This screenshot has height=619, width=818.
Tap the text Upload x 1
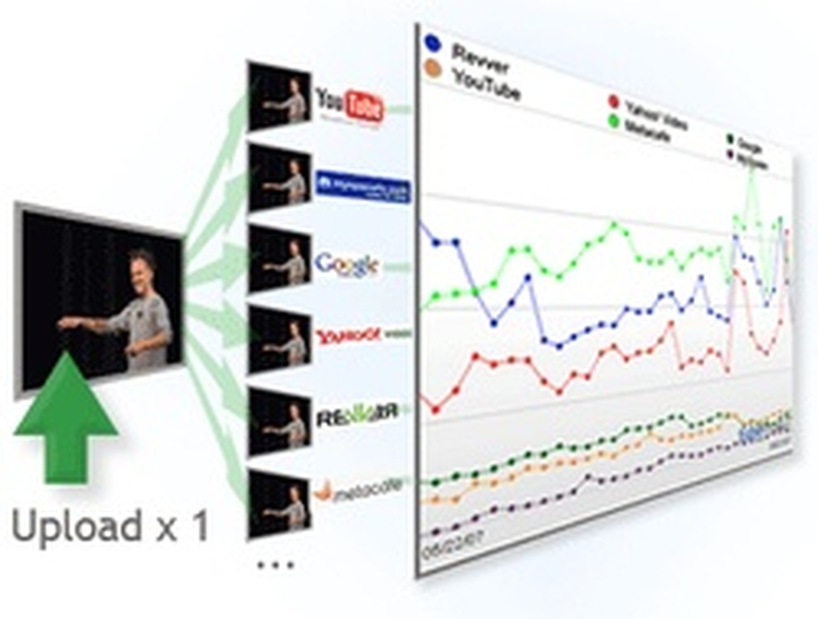tap(110, 527)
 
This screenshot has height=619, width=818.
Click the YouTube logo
tap(350, 106)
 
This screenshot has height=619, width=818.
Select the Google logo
tap(346, 266)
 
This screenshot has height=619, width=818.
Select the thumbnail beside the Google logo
tap(279, 259)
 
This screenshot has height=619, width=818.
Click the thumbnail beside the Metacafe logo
tap(279, 502)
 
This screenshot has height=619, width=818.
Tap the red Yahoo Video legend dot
tap(613, 102)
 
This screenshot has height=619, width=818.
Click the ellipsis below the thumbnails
tap(275, 566)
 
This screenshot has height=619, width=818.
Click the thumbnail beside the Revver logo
tap(279, 423)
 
